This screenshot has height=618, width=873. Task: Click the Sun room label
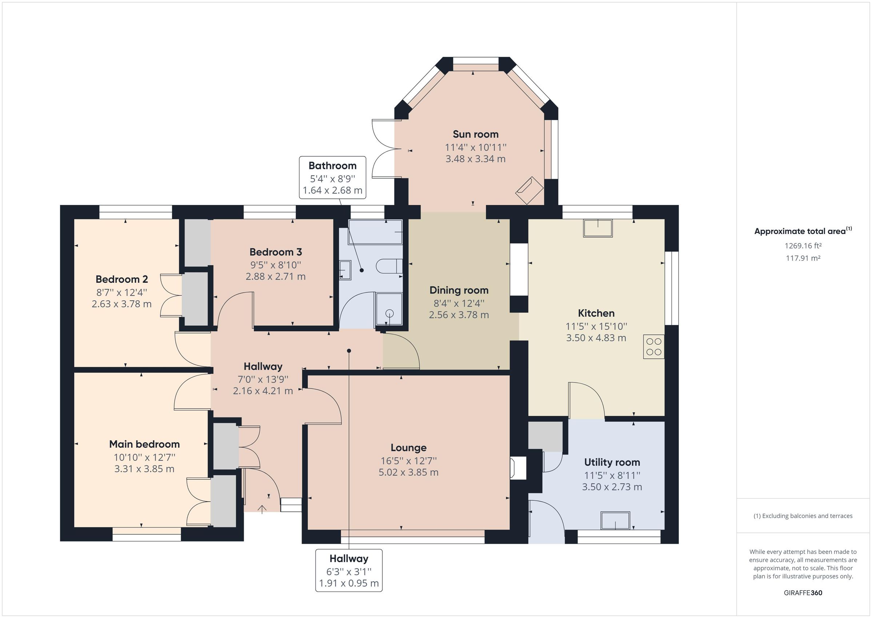tap(475, 134)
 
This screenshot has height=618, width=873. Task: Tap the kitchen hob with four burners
tap(653, 347)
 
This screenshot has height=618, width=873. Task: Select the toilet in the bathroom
tap(388, 266)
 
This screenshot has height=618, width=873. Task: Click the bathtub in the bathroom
tap(375, 232)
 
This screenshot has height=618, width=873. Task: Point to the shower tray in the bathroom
tap(389, 309)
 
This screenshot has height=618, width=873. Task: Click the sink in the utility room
tap(615, 520)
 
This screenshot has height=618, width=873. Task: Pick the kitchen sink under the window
tap(598, 228)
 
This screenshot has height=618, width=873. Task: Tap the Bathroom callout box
tap(332, 177)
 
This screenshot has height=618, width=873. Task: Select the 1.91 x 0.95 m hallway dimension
tap(349, 583)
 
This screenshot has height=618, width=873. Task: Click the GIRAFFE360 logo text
tap(803, 593)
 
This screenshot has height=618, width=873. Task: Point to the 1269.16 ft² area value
tap(803, 246)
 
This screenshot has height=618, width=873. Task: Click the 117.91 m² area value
tap(803, 258)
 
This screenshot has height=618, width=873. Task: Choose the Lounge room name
tap(408, 448)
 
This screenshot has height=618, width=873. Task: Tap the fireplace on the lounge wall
tap(518, 468)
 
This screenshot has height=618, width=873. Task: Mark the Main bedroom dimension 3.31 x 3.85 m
tap(144, 469)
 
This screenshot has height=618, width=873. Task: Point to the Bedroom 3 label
tap(275, 252)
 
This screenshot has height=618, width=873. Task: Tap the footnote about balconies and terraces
tap(803, 516)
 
